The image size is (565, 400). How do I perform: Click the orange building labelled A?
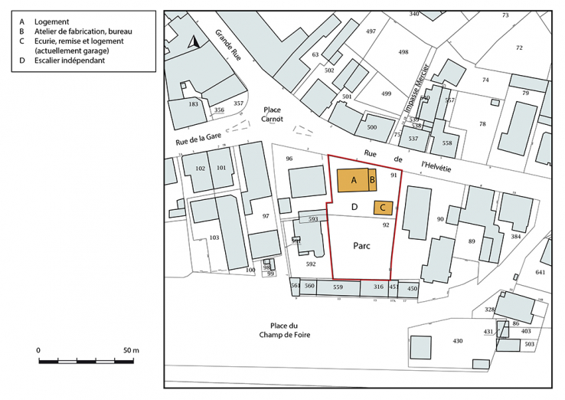pyautogui.click(x=353, y=180)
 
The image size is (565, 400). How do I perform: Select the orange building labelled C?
pyautogui.click(x=383, y=207)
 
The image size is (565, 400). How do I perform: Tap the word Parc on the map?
pyautogui.click(x=362, y=247)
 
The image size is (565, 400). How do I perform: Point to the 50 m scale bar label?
pyautogui.click(x=131, y=350)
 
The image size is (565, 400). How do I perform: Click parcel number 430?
pyautogui.click(x=459, y=340)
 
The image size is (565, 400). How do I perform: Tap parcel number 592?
pyautogui.click(x=311, y=264)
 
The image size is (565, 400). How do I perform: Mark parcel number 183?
pyautogui.click(x=193, y=103)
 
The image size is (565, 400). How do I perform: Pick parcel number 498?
pyautogui.click(x=403, y=52)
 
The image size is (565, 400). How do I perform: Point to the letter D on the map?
pyautogui.click(x=354, y=207)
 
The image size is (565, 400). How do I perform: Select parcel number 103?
pyautogui.click(x=214, y=238)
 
